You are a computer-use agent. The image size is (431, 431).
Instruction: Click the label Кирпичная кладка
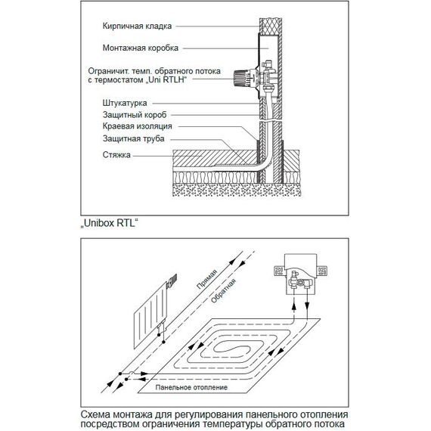click(137, 26)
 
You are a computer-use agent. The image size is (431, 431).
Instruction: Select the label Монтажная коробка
click(141, 48)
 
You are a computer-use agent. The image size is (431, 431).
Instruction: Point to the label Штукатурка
click(125, 104)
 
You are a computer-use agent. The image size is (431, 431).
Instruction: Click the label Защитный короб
click(135, 115)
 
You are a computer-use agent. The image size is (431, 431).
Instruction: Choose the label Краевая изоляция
click(138, 126)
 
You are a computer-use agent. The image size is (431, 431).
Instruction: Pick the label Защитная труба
click(134, 138)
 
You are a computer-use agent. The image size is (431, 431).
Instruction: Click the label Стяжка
click(116, 155)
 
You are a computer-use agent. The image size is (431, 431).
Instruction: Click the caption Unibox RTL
click(110, 223)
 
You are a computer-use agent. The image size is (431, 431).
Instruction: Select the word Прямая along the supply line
click(207, 279)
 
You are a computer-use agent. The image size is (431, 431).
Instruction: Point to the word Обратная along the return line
click(223, 291)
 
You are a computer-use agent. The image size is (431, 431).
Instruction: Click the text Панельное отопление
click(191, 387)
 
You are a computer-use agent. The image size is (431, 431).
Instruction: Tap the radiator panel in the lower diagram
click(150, 315)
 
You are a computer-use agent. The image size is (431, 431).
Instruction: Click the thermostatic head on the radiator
click(172, 281)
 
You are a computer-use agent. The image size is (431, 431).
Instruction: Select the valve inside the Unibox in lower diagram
click(300, 281)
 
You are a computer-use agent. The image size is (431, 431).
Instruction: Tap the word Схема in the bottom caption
click(96, 414)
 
